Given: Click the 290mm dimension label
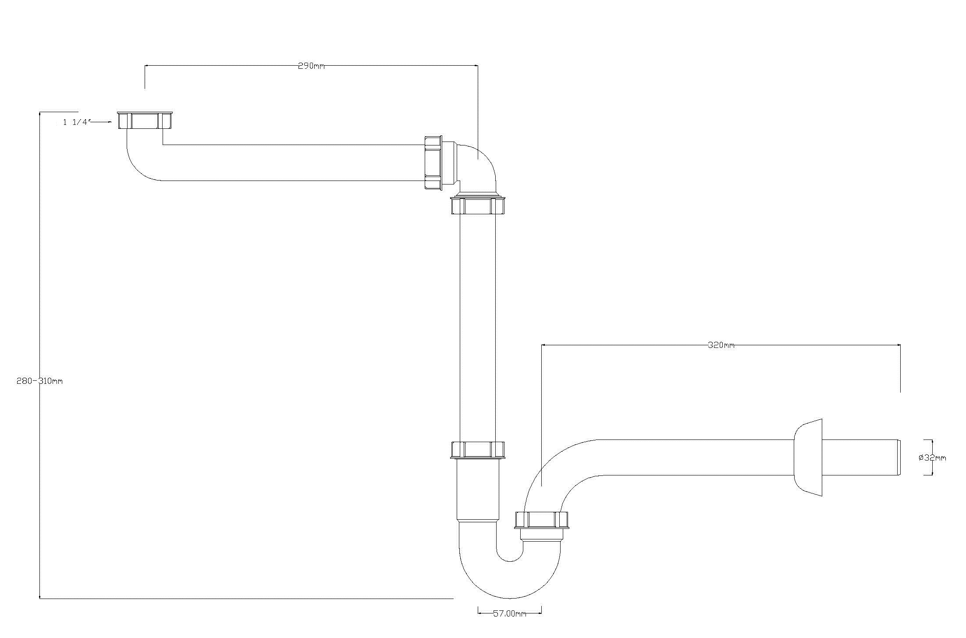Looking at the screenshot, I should (311, 66).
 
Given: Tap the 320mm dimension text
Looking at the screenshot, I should (721, 345).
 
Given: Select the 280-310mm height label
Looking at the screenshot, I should (39, 381).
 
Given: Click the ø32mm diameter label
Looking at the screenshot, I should (932, 458).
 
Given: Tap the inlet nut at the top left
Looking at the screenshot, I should (145, 120).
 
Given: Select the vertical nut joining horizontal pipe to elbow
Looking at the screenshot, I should (433, 163).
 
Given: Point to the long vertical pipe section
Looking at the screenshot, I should (478, 329).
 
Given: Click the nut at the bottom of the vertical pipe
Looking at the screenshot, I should (478, 450).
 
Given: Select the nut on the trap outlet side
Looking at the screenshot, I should (542, 520).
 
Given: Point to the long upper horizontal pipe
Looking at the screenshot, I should (289, 163).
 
